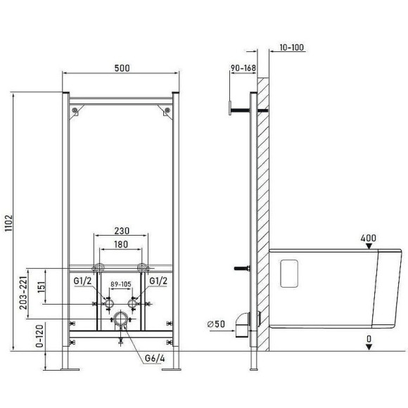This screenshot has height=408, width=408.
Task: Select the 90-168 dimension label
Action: [x=242, y=68]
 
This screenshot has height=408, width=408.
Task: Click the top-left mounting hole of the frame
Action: [x=73, y=109]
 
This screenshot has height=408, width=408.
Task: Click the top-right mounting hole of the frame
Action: [x=167, y=109]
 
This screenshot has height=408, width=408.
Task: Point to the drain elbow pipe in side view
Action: [x=243, y=322]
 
